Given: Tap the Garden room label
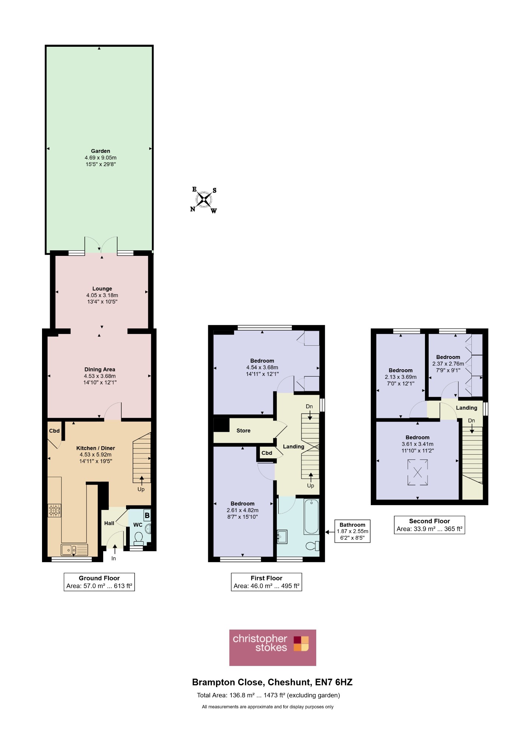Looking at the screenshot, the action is pos(101,151).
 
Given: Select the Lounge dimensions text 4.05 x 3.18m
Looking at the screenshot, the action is pos(102,295).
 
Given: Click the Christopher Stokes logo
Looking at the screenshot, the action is pos(273,648).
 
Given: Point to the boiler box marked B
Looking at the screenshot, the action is pos(147,515).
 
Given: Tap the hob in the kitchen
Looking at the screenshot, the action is pos(54,510).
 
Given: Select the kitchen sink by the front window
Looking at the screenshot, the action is pos(74,550).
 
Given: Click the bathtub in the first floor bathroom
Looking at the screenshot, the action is pos(311,517).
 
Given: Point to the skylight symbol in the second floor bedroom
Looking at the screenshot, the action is pos(418,472).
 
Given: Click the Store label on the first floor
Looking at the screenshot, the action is pos(243,430).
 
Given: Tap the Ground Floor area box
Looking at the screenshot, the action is pos(99,582).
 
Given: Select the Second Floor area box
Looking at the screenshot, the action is pos(429,525).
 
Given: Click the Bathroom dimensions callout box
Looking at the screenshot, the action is pos(352,531).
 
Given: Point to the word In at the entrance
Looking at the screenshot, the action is pos(114,559).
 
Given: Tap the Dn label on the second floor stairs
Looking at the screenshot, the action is pos(471,420).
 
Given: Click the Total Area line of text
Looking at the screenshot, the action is pos(268,695).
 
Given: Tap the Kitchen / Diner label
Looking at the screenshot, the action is pos(95,448).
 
